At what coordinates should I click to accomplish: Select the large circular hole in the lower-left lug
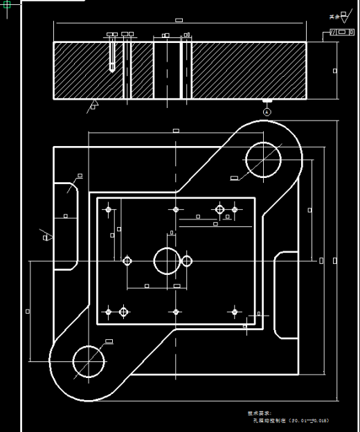click(x=88, y=362)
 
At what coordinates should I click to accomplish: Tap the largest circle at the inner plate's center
click(x=167, y=261)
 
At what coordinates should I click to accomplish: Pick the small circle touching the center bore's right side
click(x=186, y=261)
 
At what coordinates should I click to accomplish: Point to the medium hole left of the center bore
click(x=127, y=261)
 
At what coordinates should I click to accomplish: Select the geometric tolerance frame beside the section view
click(x=341, y=33)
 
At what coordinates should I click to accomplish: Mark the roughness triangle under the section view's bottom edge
click(x=93, y=106)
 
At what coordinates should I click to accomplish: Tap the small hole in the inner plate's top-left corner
click(x=109, y=209)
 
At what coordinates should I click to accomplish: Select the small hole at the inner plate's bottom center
click(x=177, y=312)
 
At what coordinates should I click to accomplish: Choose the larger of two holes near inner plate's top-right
click(x=220, y=209)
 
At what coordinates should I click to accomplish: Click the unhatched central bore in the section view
click(x=167, y=69)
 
